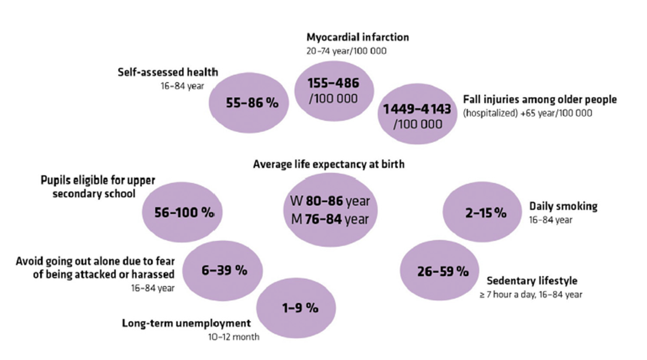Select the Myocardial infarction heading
pos(357,37)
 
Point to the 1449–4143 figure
pos(417,109)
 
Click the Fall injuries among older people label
pos(540,100)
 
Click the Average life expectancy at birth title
pos(329,164)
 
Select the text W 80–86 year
pos(327,201)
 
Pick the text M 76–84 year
pos(327,220)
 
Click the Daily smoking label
pos(563,206)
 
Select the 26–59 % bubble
pos(442,272)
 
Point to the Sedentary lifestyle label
pos(532,281)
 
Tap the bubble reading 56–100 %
pos(184,212)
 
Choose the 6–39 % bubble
pos(224,271)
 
